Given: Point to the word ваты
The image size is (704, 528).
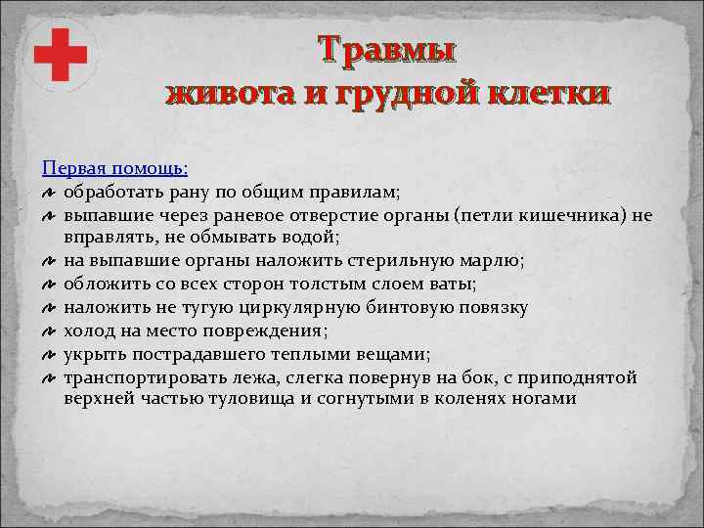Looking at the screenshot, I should coord(450,284).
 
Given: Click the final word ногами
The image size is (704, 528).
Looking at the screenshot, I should coord(548,399).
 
